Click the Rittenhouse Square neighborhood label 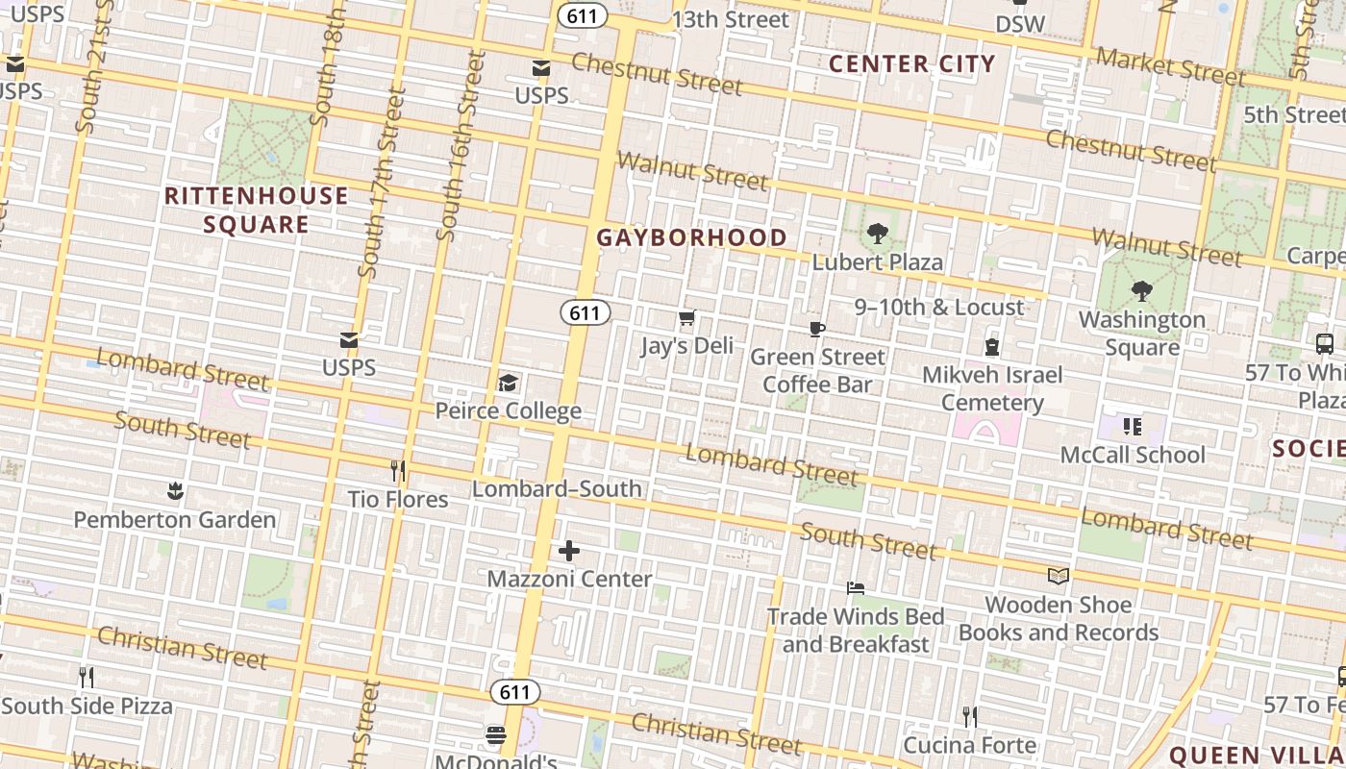(x=256, y=211)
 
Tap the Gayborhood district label (x=691, y=237)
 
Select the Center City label (x=911, y=64)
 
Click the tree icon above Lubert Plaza (x=877, y=234)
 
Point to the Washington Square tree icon (x=1142, y=291)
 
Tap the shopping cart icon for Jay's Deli (x=686, y=318)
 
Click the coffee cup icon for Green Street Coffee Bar (x=816, y=330)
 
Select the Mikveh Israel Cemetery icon (x=992, y=347)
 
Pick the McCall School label (x=1133, y=455)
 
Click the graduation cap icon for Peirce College (x=508, y=384)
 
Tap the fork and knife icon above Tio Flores (x=397, y=471)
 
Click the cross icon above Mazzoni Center (x=569, y=551)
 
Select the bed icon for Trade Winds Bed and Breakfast (x=856, y=588)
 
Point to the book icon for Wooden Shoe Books (x=1059, y=577)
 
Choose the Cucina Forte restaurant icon (x=970, y=717)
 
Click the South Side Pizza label (x=87, y=706)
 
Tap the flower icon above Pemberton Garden (x=175, y=492)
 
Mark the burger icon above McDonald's (x=496, y=736)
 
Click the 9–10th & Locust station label (x=939, y=308)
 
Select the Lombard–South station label (x=557, y=488)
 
